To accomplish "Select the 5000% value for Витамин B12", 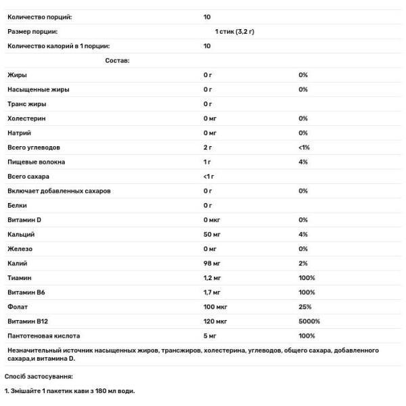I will point(309,321).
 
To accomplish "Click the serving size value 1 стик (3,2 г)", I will point(234,31).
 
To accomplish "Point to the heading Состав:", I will point(117,60).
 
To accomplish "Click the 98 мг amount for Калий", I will point(212,263).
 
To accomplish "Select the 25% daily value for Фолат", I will point(303,307).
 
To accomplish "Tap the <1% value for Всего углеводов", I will point(303,148).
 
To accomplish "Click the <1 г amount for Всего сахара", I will point(209,177).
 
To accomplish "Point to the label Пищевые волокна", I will point(37,162).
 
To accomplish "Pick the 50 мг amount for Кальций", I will point(212,234).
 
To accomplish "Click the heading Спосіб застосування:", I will point(39,376).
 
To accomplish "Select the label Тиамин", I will point(19,278).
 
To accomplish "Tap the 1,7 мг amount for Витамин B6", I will point(212,292).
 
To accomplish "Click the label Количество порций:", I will point(39,16).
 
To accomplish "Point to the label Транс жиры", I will point(27,104).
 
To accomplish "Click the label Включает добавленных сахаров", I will point(58,191).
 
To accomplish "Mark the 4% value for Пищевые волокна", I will point(302,162).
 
